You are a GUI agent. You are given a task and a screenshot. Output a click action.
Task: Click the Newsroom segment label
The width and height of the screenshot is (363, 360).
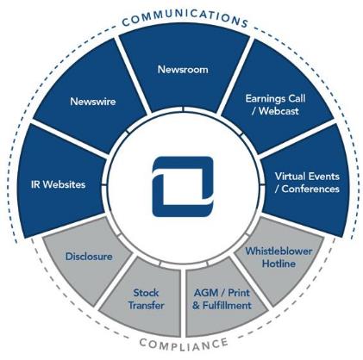[x=183, y=70]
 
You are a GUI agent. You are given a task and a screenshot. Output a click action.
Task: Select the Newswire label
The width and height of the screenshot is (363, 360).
[x=93, y=102]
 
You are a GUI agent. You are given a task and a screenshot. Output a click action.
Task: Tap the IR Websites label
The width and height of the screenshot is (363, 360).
[x=58, y=184]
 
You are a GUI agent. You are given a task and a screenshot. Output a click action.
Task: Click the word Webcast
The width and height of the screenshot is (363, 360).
[x=279, y=111]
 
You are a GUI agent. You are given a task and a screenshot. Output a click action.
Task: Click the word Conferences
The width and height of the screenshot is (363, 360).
[x=310, y=189]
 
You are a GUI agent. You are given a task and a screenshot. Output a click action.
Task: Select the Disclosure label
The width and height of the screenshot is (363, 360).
[x=89, y=257]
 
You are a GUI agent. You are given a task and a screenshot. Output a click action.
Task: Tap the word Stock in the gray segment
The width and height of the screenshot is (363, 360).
[x=146, y=293]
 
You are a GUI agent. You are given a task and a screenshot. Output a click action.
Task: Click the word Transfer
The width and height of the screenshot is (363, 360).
[x=146, y=305]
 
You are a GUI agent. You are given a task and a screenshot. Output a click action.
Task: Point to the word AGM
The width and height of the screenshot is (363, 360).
[x=205, y=293]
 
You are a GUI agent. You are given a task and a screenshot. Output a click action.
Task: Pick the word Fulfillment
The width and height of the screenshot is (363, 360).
[x=227, y=305]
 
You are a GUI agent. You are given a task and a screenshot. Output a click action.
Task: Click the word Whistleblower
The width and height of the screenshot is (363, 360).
[x=279, y=251]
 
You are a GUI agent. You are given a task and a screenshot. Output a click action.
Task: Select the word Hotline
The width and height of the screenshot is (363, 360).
[x=279, y=264]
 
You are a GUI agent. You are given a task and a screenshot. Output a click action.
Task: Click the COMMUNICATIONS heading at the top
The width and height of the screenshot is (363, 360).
[x=185, y=19]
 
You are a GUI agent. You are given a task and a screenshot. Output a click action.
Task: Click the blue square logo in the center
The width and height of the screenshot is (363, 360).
[x=183, y=186]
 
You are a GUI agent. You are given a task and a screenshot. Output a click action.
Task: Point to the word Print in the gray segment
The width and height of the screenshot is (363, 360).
[x=239, y=293]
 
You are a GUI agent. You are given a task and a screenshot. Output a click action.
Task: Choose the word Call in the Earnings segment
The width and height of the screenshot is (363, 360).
[x=296, y=99]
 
